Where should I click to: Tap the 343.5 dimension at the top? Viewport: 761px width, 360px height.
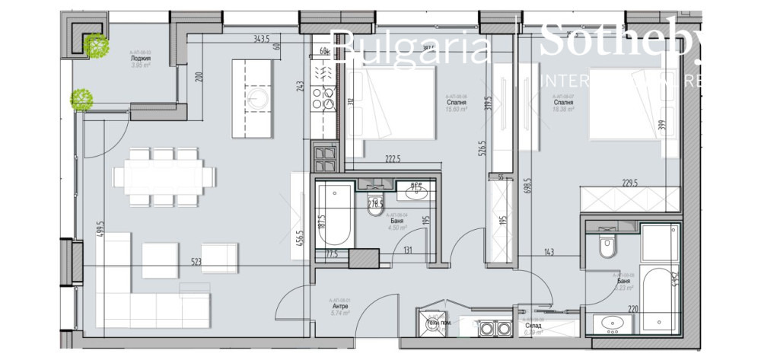pyautogui.click(x=263, y=39)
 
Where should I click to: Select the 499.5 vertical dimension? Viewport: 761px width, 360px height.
pyautogui.click(x=100, y=228)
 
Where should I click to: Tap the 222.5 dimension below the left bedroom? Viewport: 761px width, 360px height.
pyautogui.click(x=393, y=160)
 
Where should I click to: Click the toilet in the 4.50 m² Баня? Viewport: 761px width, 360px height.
pyautogui.click(x=375, y=206)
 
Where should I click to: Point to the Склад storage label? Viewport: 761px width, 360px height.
pyautogui.click(x=533, y=325)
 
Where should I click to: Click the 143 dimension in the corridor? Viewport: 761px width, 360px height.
pyautogui.click(x=547, y=253)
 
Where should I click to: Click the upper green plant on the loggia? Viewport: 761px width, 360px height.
pyautogui.click(x=97, y=46)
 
